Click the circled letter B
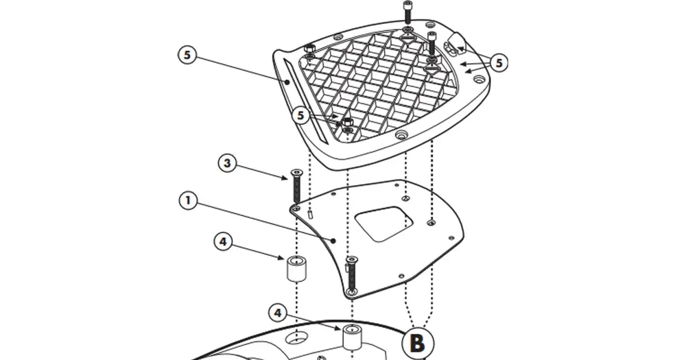[418, 343]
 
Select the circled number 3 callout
[227, 164]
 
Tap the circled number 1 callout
[188, 201]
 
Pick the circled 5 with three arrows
[499, 63]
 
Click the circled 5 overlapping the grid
[300, 116]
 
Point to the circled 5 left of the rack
[187, 55]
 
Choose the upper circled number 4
[223, 241]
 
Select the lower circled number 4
[278, 313]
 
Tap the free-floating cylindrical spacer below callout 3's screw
[296, 268]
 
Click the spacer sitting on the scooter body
[352, 337]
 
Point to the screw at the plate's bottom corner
[351, 275]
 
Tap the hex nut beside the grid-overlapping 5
[347, 121]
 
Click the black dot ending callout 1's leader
[333, 240]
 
